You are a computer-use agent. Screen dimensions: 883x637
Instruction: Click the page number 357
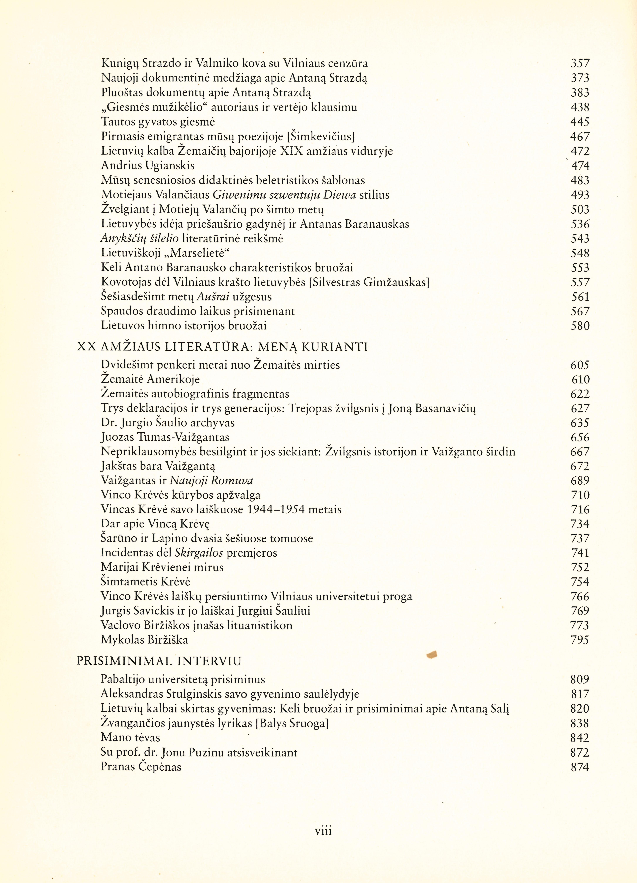[x=580, y=63]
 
